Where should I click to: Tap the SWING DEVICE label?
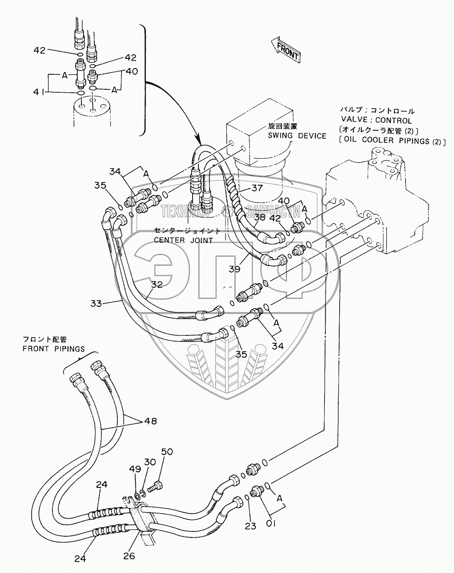click(297, 136)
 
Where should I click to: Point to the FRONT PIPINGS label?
click(53, 349)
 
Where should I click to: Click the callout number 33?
click(96, 303)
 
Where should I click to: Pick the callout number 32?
click(157, 285)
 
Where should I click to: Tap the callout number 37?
click(257, 188)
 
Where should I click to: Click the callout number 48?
click(151, 421)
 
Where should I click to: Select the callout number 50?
click(167, 452)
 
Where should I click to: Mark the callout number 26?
click(129, 556)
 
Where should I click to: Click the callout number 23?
click(250, 526)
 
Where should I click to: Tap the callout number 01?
click(270, 523)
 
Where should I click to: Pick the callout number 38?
click(259, 217)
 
